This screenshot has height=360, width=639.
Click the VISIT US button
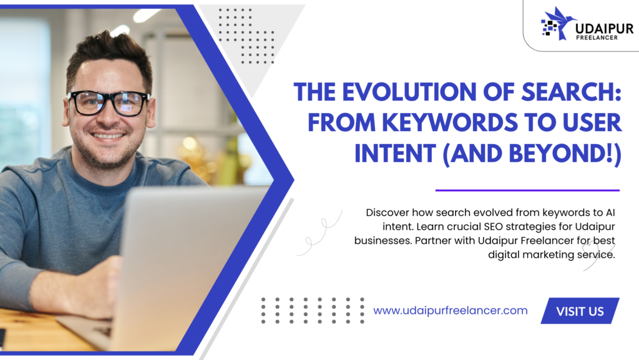click(580, 311)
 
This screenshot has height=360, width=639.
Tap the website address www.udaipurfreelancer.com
click(451, 310)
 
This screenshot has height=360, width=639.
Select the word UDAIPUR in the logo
click(605, 29)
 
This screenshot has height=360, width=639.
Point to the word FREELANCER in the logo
click(597, 38)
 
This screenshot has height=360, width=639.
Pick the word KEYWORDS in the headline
click(446, 122)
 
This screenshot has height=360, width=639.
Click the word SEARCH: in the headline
click(572, 92)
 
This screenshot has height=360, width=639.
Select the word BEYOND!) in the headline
click(565, 154)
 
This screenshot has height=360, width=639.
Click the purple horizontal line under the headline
click(527, 190)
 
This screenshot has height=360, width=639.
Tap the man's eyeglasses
click(107, 102)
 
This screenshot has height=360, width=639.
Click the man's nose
click(107, 115)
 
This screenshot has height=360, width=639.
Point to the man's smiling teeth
click(107, 135)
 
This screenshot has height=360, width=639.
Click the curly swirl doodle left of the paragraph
click(320, 233)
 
